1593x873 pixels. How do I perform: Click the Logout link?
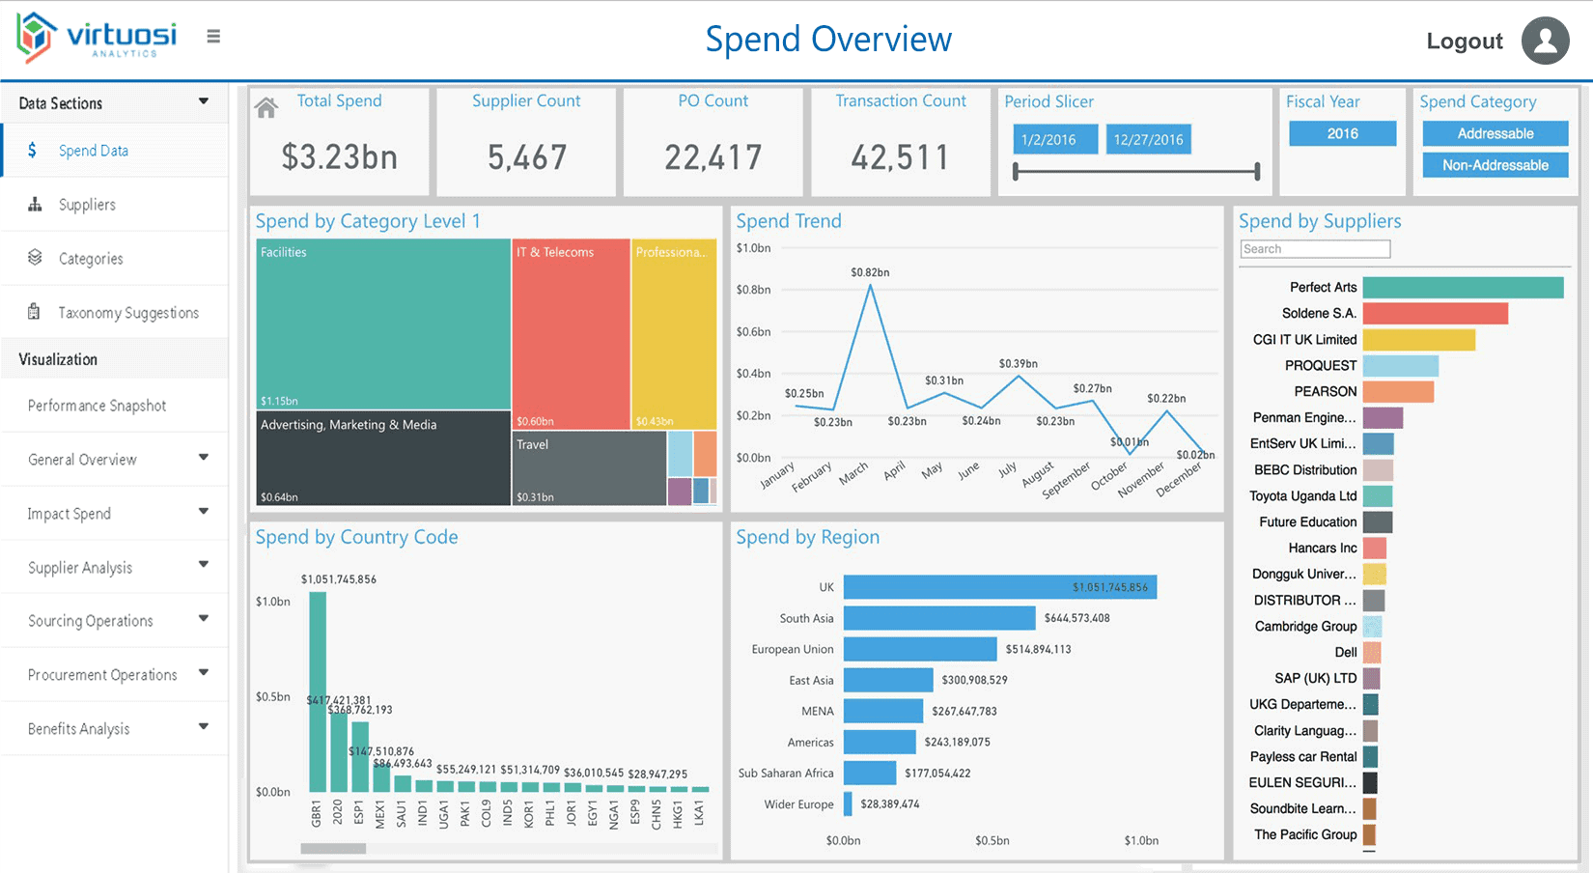(x=1464, y=42)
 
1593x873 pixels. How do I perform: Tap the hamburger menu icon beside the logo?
(x=213, y=37)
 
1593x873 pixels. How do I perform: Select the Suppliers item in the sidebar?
(x=87, y=205)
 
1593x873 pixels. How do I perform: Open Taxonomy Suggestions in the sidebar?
(x=127, y=313)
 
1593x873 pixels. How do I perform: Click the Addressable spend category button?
(x=1495, y=133)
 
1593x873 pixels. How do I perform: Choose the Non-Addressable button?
(x=1495, y=165)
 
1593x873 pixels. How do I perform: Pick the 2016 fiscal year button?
(x=1342, y=133)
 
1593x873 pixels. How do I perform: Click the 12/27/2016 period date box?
(x=1148, y=139)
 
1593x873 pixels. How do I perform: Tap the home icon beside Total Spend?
(x=266, y=108)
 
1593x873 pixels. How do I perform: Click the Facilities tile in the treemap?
(x=382, y=324)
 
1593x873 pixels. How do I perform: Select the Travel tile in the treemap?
(x=589, y=468)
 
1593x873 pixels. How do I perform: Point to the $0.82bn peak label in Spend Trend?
(x=870, y=272)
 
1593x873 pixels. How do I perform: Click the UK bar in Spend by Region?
(x=999, y=587)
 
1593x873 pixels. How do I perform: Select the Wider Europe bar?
(x=848, y=803)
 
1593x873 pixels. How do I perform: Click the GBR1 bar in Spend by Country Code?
(x=318, y=691)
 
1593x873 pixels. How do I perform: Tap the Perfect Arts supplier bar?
(x=1462, y=287)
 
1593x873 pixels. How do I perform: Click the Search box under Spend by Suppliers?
(x=1315, y=249)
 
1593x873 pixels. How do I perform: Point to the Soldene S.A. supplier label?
(x=1319, y=313)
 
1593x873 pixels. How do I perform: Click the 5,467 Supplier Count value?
(x=526, y=157)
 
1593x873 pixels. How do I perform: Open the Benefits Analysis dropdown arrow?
(x=204, y=727)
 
